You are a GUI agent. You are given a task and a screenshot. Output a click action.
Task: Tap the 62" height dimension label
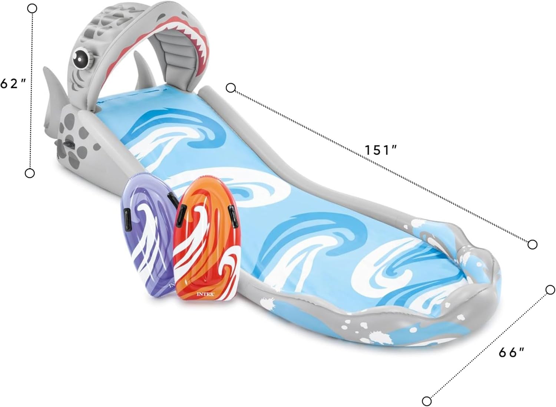point(14,84)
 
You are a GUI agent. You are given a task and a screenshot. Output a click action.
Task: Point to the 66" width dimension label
point(512,352)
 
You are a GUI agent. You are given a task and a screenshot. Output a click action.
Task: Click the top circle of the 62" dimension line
point(32,8)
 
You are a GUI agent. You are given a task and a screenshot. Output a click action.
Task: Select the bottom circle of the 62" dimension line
point(30,173)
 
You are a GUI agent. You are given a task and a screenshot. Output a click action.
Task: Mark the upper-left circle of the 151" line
point(231,88)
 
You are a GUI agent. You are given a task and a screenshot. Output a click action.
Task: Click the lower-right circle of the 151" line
point(532,244)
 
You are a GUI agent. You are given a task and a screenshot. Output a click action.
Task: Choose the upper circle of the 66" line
point(550,289)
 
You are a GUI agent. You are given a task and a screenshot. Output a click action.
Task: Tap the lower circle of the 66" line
point(427,401)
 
